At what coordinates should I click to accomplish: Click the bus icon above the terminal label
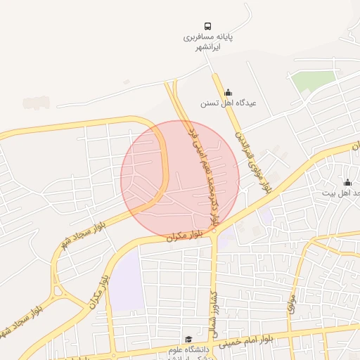(x=207, y=26)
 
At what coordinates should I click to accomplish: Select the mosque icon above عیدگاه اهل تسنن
(x=227, y=92)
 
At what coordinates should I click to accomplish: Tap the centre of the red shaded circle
(x=180, y=179)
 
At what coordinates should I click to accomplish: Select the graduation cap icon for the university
(x=188, y=338)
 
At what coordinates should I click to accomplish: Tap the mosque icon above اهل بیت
(x=347, y=183)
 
